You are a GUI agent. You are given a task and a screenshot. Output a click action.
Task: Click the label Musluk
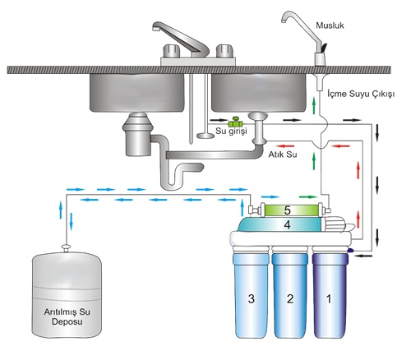coord(330,25)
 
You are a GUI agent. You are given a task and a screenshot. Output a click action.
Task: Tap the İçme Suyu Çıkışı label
coord(361,94)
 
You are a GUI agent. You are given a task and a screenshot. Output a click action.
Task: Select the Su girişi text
coord(231,131)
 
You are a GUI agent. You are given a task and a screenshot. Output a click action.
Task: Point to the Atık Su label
coord(283,155)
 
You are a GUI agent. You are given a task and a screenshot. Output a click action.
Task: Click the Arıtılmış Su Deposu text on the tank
coord(67,316)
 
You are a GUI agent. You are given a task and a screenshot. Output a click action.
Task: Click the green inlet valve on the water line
coord(235,122)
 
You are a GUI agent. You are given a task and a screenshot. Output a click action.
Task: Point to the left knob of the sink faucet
coord(172,51)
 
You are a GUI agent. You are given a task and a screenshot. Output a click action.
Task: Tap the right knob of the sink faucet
coord(224,51)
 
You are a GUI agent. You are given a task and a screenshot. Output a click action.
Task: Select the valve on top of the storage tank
coord(66,248)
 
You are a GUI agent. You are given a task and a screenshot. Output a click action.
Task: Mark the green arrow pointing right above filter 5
coord(307,196)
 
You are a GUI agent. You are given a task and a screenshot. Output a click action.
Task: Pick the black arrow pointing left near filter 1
coord(363,256)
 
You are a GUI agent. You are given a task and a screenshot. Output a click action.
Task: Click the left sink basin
coord(137,93)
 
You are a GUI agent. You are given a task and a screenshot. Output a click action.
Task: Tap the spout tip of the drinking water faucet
coord(284,20)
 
